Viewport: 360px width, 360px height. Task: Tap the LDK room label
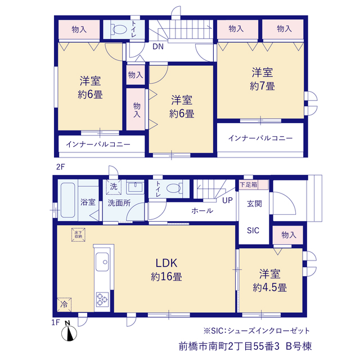pyautogui.click(x=166, y=263)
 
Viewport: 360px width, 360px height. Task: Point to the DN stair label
pyautogui.click(x=158, y=47)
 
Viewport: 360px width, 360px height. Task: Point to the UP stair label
pyautogui.click(x=227, y=200)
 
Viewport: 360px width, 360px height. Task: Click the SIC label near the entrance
pyautogui.click(x=253, y=230)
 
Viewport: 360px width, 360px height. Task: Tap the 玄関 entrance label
pyautogui.click(x=254, y=204)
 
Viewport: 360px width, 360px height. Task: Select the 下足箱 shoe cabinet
pyautogui.click(x=254, y=185)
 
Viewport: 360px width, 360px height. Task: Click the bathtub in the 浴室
pyautogui.click(x=67, y=200)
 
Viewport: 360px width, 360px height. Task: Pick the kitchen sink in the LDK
pyautogui.click(x=102, y=262)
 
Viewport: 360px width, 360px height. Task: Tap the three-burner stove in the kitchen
pyautogui.click(x=102, y=299)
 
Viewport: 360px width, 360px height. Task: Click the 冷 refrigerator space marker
pyautogui.click(x=64, y=305)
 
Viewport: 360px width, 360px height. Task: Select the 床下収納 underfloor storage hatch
pyautogui.click(x=78, y=235)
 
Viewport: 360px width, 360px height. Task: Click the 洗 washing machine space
pyautogui.click(x=114, y=187)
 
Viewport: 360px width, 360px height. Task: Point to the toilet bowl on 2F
pyautogui.click(x=119, y=30)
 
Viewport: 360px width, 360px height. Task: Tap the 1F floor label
pyautogui.click(x=55, y=322)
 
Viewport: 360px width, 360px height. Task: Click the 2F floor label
pyautogui.click(x=60, y=167)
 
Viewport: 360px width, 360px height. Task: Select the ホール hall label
pyautogui.click(x=202, y=210)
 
